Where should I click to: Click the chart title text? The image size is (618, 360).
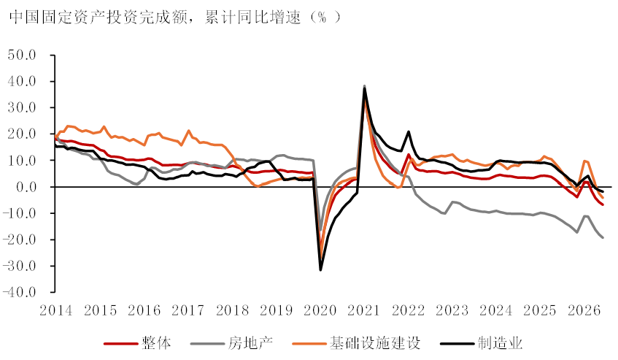pos(174,18)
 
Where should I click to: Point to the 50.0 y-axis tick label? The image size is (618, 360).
pos(22,55)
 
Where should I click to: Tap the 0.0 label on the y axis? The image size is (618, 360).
pos(26,187)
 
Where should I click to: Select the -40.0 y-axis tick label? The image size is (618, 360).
pos(19,292)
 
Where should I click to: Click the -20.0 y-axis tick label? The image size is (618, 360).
pos(19,240)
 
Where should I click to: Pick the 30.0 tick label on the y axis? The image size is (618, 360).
pos(22,107)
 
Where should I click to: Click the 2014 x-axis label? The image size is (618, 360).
pos(56,311)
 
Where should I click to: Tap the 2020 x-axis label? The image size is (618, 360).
pos(320,311)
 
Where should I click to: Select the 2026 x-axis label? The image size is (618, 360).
pos(584,311)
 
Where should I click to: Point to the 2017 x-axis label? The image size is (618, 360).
pos(188,311)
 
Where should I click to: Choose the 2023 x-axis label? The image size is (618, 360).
pos(452,311)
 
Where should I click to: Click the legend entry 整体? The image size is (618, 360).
pos(138,343)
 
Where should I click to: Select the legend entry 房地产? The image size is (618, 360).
pos(232,343)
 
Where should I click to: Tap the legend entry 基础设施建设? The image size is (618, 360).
pos(356,343)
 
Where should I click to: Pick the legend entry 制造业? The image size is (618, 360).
pos(482,343)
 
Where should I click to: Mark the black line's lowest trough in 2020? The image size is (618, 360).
pos(320,270)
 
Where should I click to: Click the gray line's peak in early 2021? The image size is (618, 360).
pos(365,86)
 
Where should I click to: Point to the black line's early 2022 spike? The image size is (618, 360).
pos(409,131)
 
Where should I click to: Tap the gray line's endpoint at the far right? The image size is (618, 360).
pos(603,237)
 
